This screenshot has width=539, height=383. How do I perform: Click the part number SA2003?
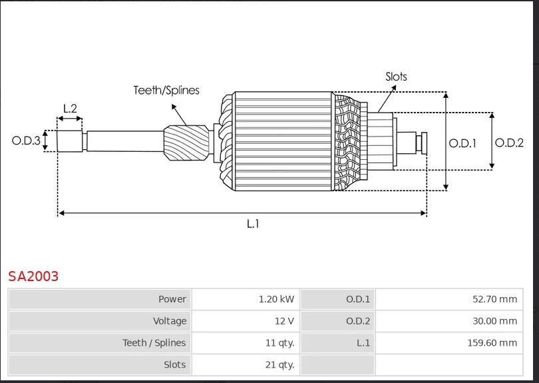33,276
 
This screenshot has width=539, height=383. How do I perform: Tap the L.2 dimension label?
70,109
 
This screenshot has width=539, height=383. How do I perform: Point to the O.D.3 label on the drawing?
27,141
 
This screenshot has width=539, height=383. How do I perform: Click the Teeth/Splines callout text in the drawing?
166,90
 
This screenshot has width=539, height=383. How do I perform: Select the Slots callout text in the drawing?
396,77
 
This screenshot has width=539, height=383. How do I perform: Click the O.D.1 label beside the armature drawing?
462,143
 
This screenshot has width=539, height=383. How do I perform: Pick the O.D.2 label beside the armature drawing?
509,142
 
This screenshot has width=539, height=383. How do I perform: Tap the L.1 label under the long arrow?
253,224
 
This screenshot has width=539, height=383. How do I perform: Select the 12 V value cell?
284,321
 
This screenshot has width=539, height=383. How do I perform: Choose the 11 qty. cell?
279,343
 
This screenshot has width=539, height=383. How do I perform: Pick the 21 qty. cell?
279,365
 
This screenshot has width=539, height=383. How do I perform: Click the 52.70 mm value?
494,299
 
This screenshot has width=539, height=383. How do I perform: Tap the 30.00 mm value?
494,321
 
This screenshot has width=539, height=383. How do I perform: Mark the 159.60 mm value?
492,343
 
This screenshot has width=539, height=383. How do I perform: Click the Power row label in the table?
172,299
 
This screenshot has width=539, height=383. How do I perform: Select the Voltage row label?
170,321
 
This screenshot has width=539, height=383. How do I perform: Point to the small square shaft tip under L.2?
69,141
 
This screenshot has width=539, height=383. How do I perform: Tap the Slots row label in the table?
175,365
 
